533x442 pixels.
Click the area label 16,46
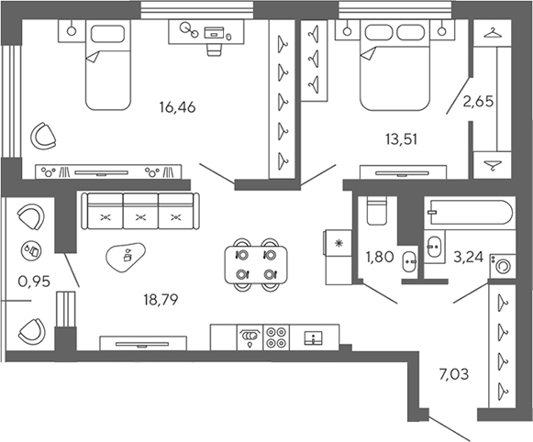point(178,107)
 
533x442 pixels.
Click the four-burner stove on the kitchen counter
point(276,337)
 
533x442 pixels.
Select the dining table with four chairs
point(255,262)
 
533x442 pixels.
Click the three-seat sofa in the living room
point(140,212)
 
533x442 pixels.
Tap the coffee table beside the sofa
point(128,256)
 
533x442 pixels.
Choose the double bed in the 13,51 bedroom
point(395,69)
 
